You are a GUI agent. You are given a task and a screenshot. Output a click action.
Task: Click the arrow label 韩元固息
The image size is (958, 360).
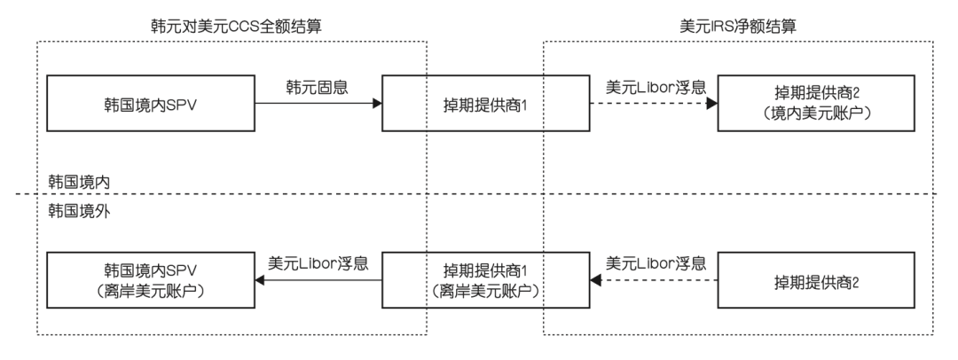[316, 89]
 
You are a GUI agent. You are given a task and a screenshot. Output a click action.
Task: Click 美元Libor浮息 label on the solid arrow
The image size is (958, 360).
[318, 263]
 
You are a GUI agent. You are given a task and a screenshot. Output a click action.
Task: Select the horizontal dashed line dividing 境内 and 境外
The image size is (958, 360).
[479, 194]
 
